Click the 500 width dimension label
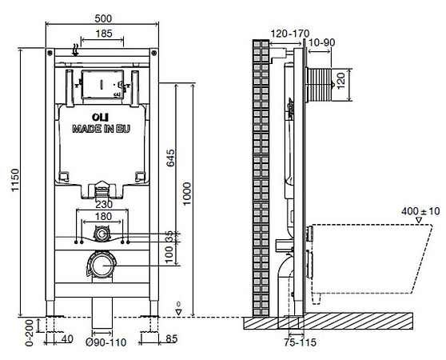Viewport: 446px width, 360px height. click(x=103, y=18)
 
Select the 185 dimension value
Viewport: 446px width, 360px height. click(x=104, y=34)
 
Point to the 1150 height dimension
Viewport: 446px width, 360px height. click(x=15, y=180)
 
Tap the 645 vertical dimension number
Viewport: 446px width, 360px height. click(x=170, y=158)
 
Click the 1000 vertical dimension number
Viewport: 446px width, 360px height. click(x=186, y=194)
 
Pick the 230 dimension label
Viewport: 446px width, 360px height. click(x=104, y=204)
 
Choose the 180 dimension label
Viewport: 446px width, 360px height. click(x=103, y=217)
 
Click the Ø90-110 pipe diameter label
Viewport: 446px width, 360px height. click(x=106, y=342)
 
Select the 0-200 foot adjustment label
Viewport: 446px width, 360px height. click(x=30, y=332)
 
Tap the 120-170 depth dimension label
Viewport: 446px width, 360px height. click(x=290, y=34)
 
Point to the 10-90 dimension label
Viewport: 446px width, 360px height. click(x=321, y=42)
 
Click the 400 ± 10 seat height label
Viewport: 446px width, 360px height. click(x=420, y=211)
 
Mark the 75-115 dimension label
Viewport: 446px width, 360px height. click(x=300, y=342)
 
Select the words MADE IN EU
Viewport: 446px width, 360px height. click(x=101, y=129)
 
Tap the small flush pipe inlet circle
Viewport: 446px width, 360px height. click(x=102, y=234)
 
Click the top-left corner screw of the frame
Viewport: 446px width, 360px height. click(x=50, y=53)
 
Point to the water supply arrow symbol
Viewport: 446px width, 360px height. click(x=75, y=50)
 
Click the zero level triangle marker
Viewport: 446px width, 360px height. click(x=178, y=312)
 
